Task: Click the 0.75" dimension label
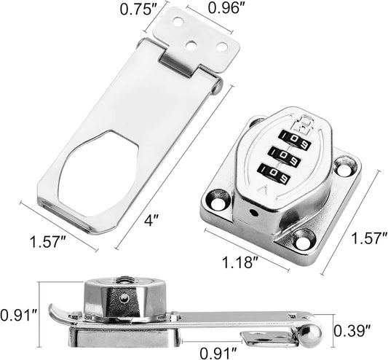point(138,9)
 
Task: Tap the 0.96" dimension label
point(226,8)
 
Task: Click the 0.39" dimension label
point(352,331)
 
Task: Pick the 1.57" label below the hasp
point(48,242)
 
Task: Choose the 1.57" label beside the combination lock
point(369,238)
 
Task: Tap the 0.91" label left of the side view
point(18,316)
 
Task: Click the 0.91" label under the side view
point(218,353)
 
